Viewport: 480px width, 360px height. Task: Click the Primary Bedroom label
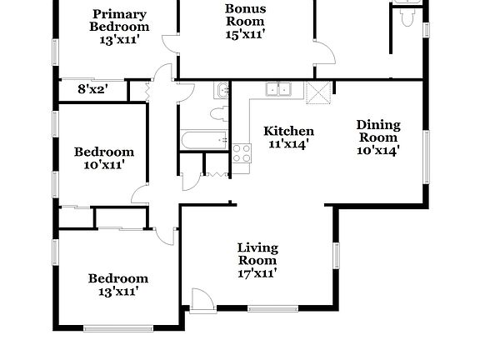(x=118, y=20)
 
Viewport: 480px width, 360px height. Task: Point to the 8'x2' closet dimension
(x=92, y=88)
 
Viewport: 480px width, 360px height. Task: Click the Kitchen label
(x=288, y=131)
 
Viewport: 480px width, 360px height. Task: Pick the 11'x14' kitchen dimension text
(x=288, y=143)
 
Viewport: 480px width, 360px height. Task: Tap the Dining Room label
(x=379, y=131)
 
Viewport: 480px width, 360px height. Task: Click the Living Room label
(x=257, y=254)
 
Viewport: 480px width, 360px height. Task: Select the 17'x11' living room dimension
(x=257, y=272)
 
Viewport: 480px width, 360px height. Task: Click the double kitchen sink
(x=277, y=89)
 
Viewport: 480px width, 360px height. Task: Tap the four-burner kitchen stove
(x=242, y=153)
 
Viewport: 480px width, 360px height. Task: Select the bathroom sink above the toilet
(x=222, y=91)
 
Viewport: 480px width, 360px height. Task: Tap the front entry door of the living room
(x=201, y=299)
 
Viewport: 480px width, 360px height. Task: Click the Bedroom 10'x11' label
(x=104, y=157)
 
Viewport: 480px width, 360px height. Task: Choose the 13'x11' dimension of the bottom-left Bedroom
(x=112, y=292)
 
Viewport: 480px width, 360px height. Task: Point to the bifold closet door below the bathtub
(x=216, y=165)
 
